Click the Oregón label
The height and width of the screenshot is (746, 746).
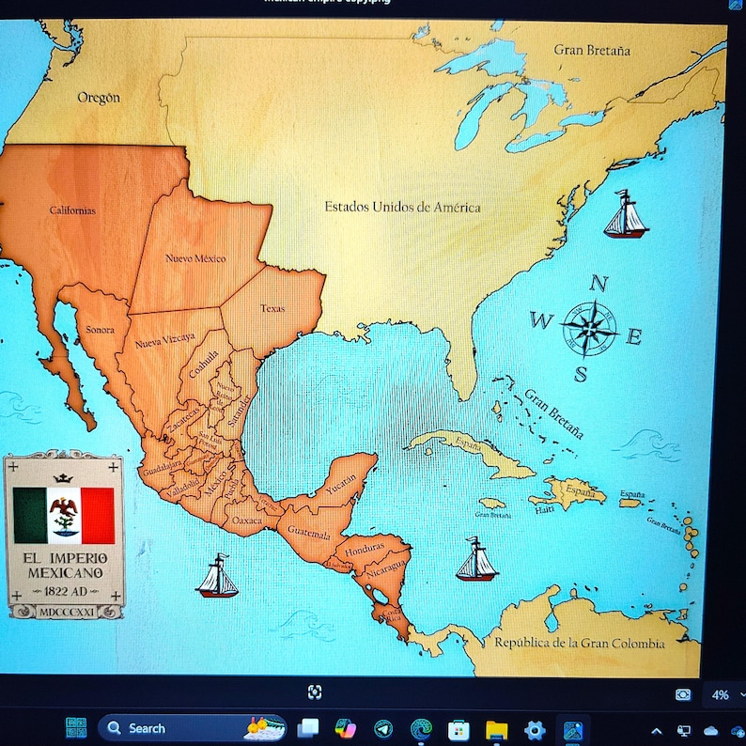pos(99,98)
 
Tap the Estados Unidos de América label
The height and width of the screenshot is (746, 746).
pos(402,207)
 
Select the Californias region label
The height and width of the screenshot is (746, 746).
pos(72,210)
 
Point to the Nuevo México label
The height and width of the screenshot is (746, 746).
pos(195,258)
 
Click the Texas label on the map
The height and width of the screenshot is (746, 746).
pos(272,308)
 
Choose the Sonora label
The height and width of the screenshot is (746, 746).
pos(100,330)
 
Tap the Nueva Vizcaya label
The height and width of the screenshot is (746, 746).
pos(165,341)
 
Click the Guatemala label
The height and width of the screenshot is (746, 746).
pos(309,533)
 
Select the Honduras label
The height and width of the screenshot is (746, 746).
pos(365,548)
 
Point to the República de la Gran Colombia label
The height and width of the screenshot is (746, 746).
pos(580,644)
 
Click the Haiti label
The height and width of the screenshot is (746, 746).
pos(544,510)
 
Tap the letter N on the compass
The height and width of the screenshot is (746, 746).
pos(598,284)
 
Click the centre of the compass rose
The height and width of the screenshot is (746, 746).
pos(589,328)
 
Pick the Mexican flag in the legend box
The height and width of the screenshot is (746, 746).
pos(64,515)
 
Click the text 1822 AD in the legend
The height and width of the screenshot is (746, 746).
pos(64,591)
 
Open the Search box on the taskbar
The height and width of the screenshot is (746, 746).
pos(179,728)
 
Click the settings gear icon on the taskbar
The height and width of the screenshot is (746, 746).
pos(535,729)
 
